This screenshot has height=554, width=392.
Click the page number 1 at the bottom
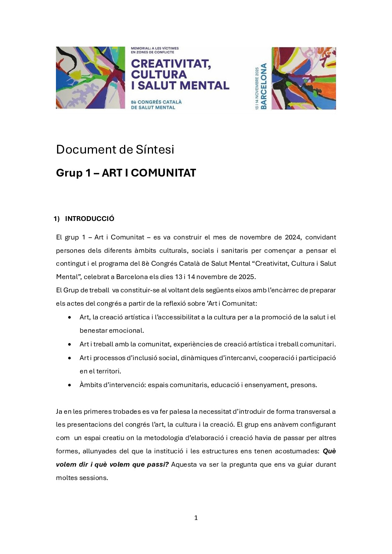click(x=196, y=518)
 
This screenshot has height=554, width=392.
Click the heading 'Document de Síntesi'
click(x=115, y=150)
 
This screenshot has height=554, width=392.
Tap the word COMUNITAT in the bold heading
click(x=163, y=173)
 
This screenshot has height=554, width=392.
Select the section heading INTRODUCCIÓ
click(x=90, y=219)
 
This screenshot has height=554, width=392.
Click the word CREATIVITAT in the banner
click(x=171, y=64)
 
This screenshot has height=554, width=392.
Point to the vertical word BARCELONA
click(x=263, y=86)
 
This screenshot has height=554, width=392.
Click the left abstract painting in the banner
click(x=90, y=78)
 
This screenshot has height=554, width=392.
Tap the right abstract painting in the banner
click(x=304, y=78)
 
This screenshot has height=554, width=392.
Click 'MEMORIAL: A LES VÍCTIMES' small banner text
click(x=155, y=48)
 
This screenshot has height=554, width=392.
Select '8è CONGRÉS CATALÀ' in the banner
click(x=156, y=102)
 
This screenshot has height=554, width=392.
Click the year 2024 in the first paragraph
click(x=292, y=237)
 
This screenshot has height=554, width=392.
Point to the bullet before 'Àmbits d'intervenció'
click(x=70, y=385)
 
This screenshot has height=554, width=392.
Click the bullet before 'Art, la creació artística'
click(x=70, y=318)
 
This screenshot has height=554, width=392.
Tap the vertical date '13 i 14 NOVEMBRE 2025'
click(x=257, y=88)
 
